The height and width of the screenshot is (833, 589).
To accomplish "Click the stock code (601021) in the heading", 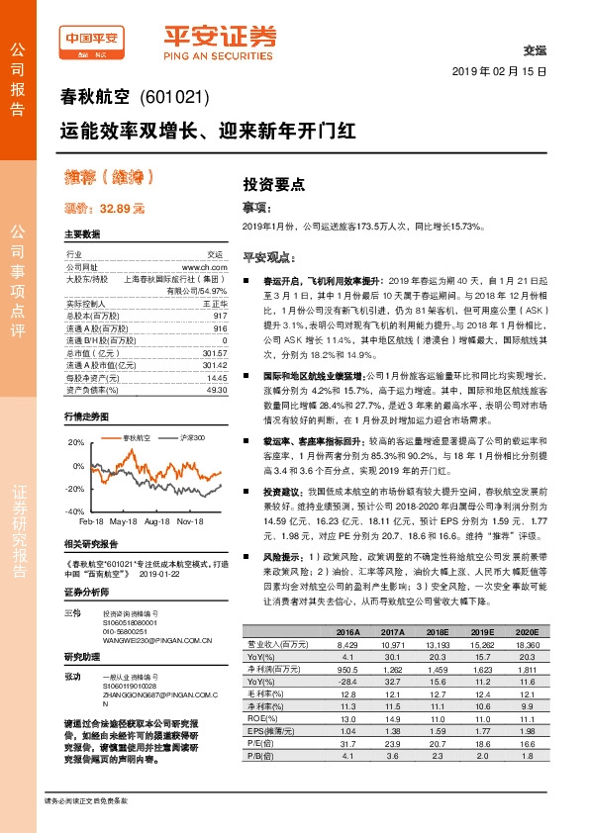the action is coord(175,98).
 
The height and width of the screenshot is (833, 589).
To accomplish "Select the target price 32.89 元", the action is coord(104,209).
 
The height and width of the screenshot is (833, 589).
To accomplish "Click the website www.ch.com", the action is coord(204,267).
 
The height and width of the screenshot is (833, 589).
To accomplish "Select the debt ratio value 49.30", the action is coord(217,390).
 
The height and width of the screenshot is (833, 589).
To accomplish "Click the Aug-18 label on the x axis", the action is coord(156,519).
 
